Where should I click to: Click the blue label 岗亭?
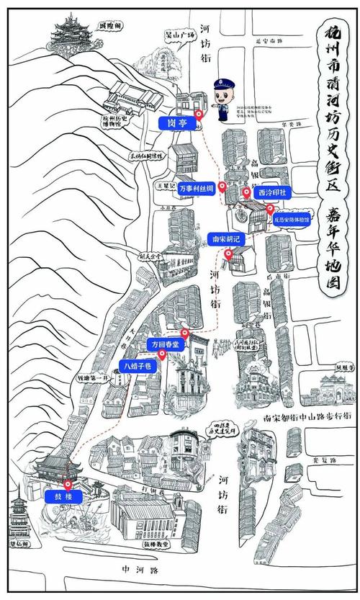tap(177, 123)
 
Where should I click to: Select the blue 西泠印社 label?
tap(271, 193)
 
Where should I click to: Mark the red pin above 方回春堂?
tap(186, 333)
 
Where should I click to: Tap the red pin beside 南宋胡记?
tap(229, 254)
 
